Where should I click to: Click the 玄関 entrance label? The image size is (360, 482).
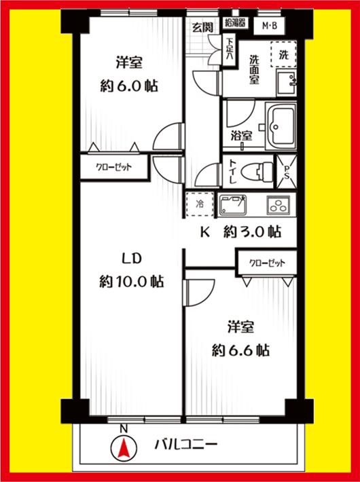click(201, 27)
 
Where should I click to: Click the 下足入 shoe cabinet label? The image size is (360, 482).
click(229, 49)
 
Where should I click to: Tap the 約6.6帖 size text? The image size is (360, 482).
click(240, 350)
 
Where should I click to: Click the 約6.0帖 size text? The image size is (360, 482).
click(128, 86)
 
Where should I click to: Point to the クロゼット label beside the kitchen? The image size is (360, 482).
click(266, 263)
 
